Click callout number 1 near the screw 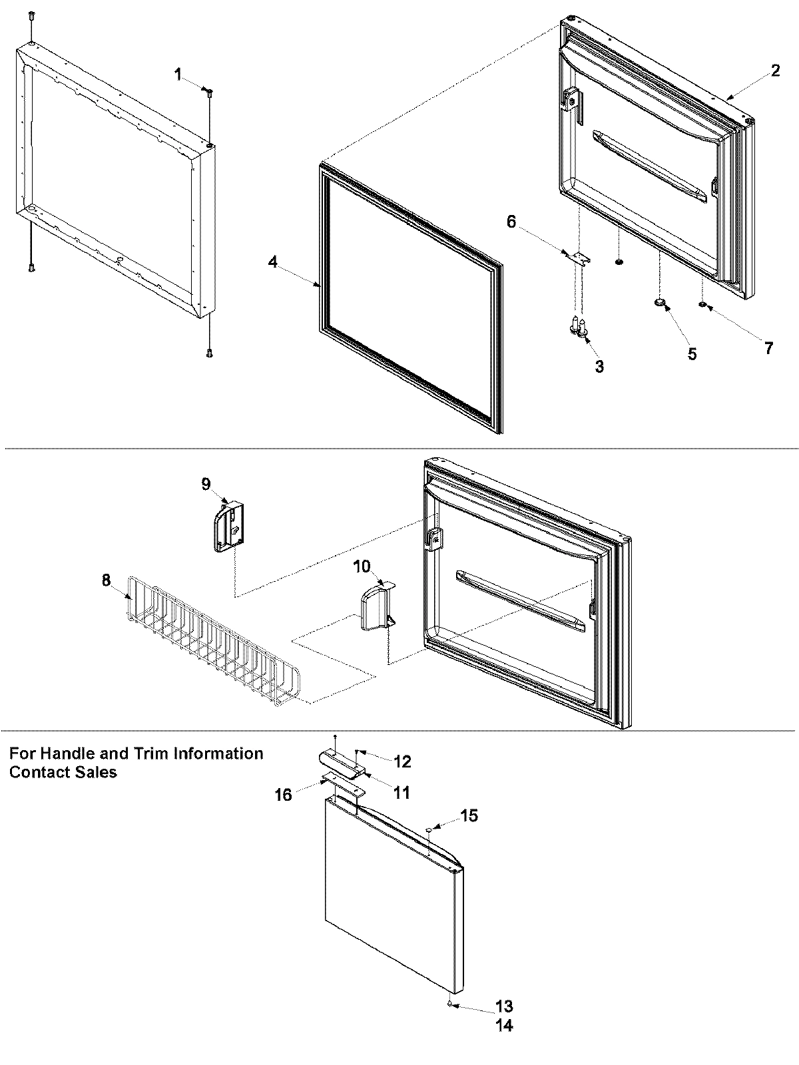coord(178,75)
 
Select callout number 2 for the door coord(776,70)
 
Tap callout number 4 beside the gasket coord(273,262)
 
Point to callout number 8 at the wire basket coord(107,580)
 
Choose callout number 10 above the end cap coord(362,566)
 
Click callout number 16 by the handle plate coord(283,795)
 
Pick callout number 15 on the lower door coord(469,815)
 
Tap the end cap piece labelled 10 coord(373,607)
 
